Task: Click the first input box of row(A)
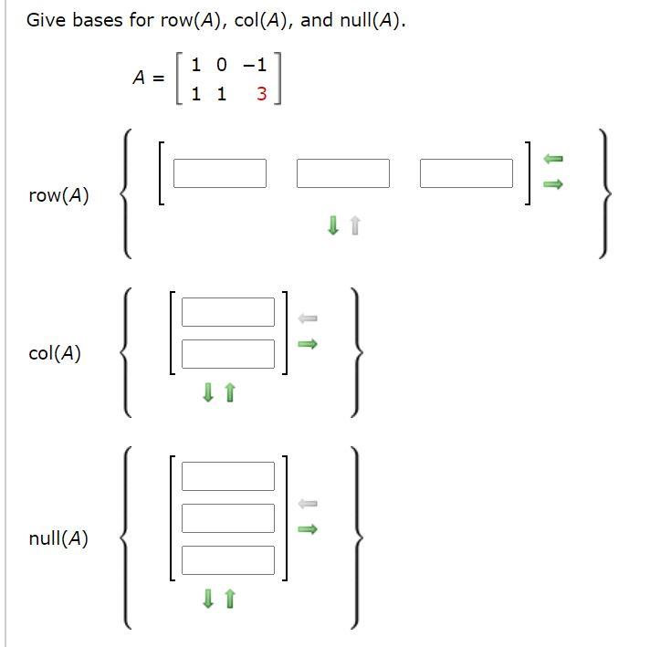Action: tap(220, 173)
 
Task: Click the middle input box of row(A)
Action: tap(343, 173)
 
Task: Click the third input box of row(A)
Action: tap(467, 173)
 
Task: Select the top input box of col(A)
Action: tap(227, 312)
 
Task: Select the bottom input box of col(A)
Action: tap(227, 354)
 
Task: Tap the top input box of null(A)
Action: tap(227, 476)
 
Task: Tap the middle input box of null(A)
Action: tap(227, 518)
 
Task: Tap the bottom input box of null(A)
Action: tap(227, 560)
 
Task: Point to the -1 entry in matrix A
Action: tap(255, 65)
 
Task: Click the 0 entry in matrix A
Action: tap(221, 65)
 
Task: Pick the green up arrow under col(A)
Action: tap(230, 393)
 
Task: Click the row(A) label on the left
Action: tap(58, 195)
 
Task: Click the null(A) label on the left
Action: tap(58, 538)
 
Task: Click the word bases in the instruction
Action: tap(99, 20)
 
